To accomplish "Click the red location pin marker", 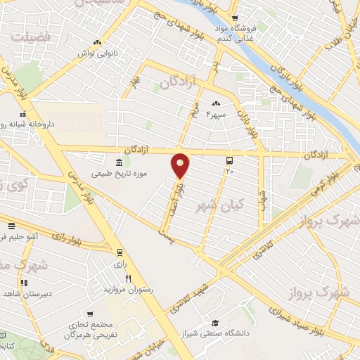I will click(x=181, y=165).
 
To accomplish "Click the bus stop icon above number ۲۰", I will click(x=229, y=160).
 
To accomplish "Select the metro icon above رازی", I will click(x=120, y=252).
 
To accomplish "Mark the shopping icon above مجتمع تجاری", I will click(x=89, y=314).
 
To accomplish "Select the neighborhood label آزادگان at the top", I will click(x=175, y=83).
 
